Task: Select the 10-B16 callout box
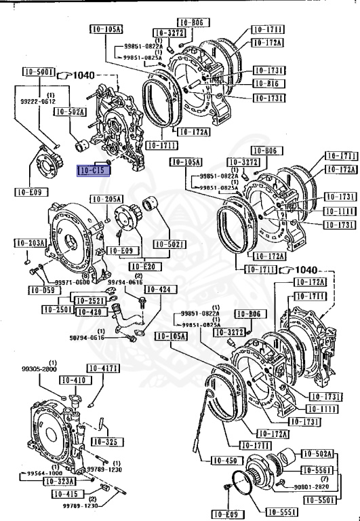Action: click(267, 83)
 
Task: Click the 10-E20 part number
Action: click(142, 267)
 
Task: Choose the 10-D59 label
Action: click(42, 290)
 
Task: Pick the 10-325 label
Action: click(105, 442)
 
